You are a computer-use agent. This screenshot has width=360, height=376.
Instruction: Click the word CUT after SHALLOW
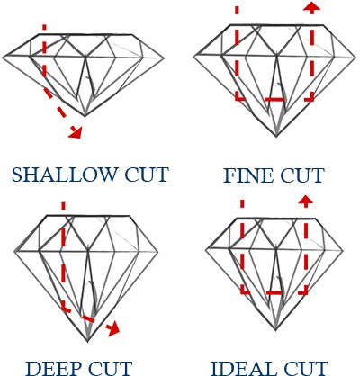147,175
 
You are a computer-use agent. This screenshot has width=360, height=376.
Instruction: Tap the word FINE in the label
248,175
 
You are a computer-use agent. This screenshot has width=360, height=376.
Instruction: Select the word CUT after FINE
302,175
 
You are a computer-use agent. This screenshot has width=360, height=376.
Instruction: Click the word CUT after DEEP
110,369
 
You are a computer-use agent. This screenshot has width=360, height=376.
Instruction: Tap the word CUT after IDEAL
305,369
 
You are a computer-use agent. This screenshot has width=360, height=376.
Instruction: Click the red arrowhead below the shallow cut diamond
76,132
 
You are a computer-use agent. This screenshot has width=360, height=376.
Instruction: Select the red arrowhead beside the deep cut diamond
114,329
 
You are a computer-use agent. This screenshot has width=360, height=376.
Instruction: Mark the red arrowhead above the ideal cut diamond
306,201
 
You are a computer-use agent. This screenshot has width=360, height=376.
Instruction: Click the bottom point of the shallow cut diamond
85,116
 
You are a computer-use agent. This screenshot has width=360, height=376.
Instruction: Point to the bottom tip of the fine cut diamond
276,137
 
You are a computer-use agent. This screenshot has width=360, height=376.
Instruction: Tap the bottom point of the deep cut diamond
88,341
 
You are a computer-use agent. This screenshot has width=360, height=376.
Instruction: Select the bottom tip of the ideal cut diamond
275,330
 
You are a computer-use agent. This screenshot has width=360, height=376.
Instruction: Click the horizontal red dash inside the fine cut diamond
274,99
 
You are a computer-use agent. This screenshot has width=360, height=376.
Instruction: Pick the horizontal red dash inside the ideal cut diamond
274,292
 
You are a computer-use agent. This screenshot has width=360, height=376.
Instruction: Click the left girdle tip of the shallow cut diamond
3,57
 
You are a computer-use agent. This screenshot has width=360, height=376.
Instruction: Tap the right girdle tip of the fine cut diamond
355,57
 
